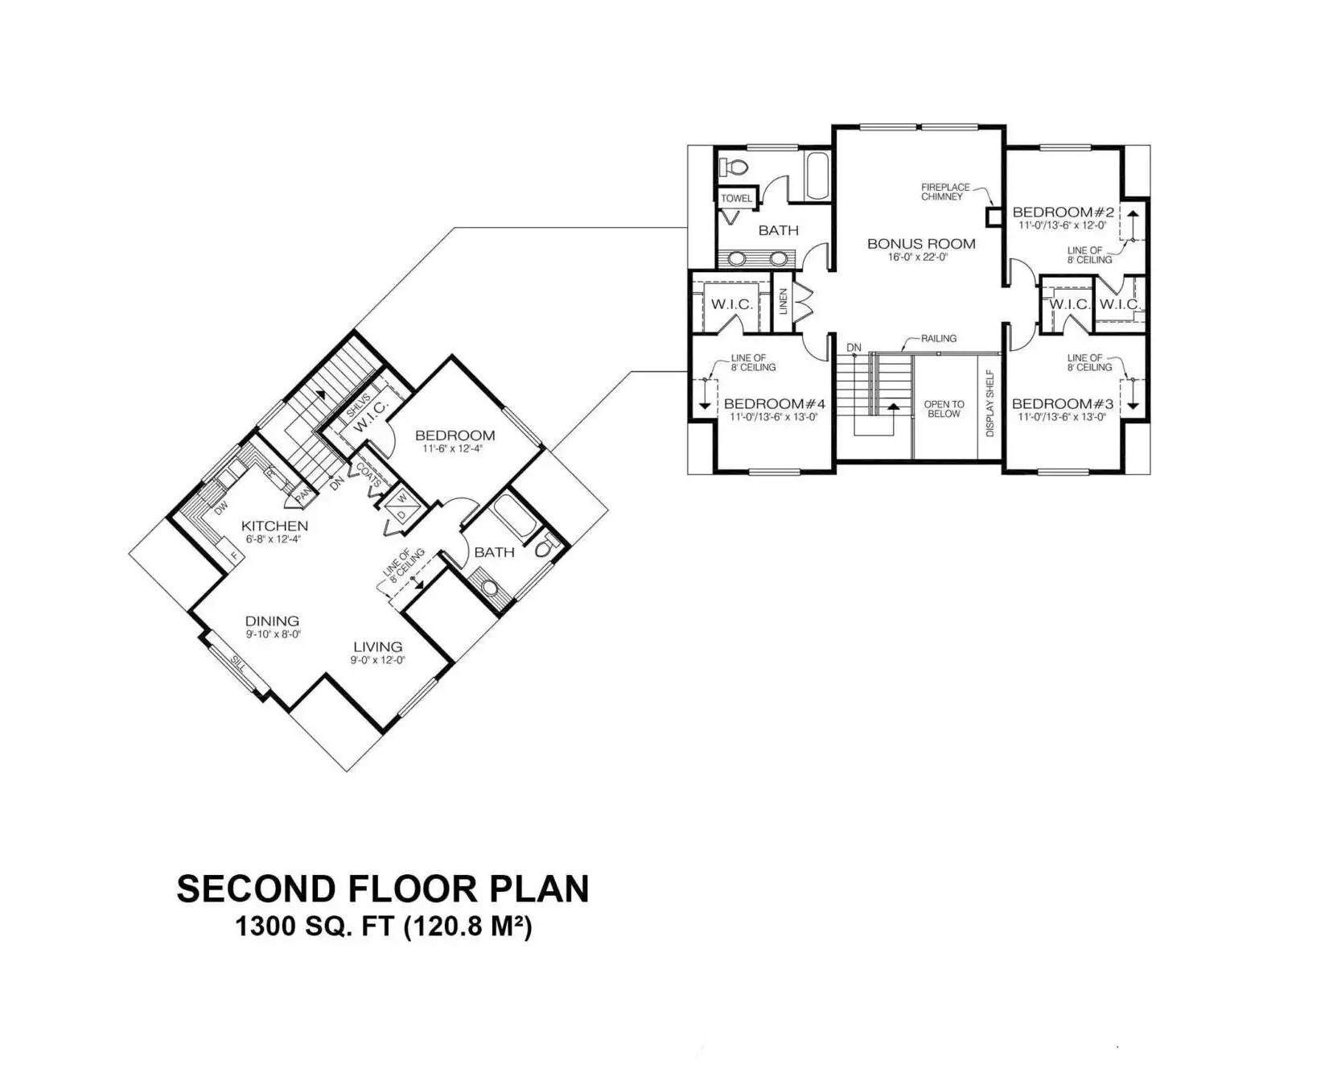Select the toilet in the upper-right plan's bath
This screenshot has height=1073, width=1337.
pyautogui.click(x=733, y=167)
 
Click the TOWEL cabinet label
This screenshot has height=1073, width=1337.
pyautogui.click(x=736, y=198)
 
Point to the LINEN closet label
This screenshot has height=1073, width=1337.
pyautogui.click(x=783, y=303)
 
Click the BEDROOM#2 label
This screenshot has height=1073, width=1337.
pyautogui.click(x=1063, y=213)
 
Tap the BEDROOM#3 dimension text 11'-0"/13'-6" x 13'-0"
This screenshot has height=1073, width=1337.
pyautogui.click(x=1062, y=417)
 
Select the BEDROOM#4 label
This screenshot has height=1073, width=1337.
pyautogui.click(x=774, y=404)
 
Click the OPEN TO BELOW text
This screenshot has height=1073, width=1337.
pyautogui.click(x=944, y=409)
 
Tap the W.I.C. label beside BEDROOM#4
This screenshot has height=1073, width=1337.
pyautogui.click(x=731, y=304)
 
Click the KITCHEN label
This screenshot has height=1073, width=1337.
pyautogui.click(x=274, y=526)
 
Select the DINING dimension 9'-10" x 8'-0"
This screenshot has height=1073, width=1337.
pyautogui.click(x=273, y=634)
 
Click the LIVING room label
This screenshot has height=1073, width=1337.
pyautogui.click(x=377, y=646)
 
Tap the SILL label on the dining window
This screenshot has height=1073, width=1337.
pyautogui.click(x=238, y=663)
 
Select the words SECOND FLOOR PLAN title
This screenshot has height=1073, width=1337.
pyautogui.click(x=383, y=889)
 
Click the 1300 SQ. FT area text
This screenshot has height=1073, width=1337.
pyautogui.click(x=383, y=927)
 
